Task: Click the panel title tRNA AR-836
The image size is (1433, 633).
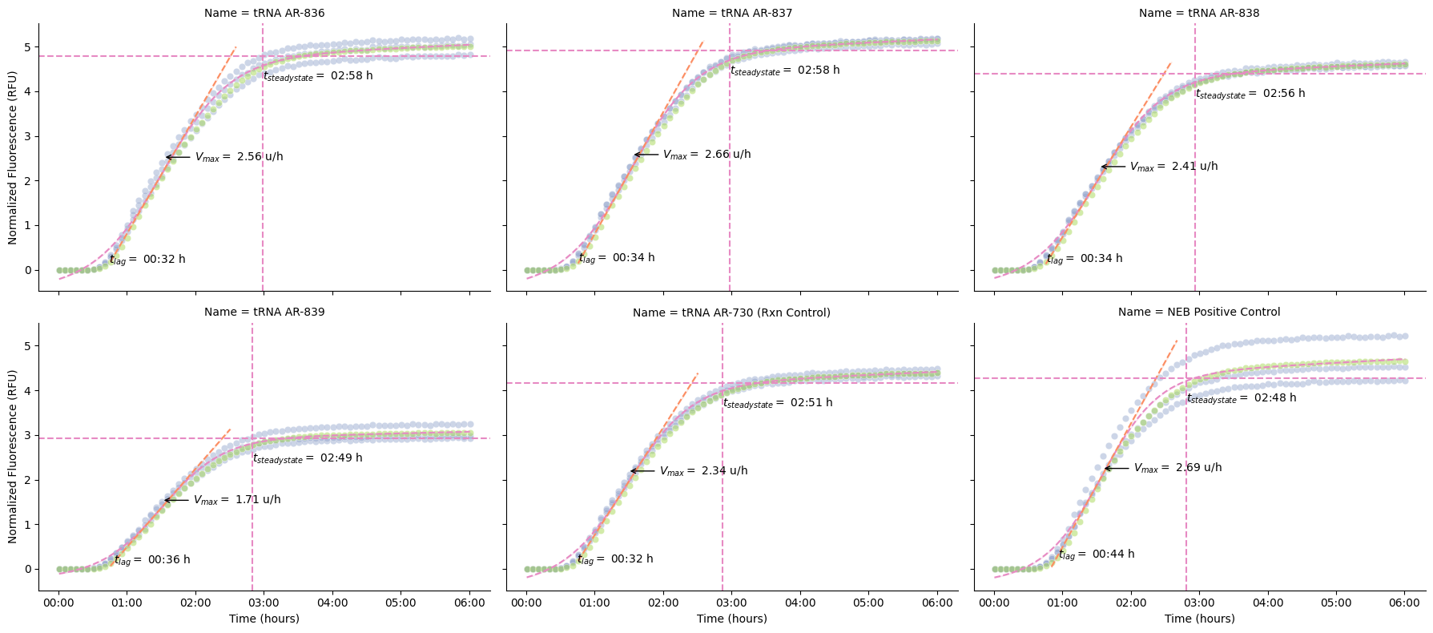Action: [x=264, y=13]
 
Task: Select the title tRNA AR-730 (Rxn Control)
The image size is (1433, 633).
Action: [x=731, y=312]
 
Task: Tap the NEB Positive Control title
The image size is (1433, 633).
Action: [x=1199, y=312]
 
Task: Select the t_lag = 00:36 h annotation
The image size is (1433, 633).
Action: [x=152, y=560]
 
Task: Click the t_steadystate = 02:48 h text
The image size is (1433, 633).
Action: [x=1241, y=398]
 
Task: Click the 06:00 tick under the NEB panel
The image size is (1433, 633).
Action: [x=1404, y=603]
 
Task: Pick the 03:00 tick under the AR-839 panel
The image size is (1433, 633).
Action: [x=264, y=603]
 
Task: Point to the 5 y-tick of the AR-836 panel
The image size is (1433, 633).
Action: [x=28, y=47]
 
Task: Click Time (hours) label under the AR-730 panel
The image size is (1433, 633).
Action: [x=731, y=619]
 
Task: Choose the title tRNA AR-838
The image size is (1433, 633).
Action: [x=1199, y=13]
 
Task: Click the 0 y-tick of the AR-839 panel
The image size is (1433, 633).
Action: [x=28, y=570]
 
